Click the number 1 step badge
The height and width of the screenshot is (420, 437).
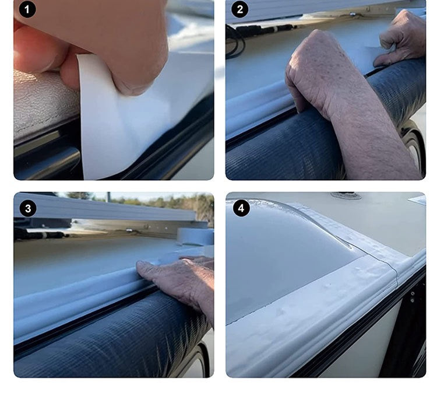point(27,10)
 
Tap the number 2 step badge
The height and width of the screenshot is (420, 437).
point(239,10)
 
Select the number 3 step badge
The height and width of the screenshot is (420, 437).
point(27,208)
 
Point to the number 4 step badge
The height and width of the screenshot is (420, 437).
point(241,208)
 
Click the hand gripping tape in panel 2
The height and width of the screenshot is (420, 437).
point(402,35)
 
